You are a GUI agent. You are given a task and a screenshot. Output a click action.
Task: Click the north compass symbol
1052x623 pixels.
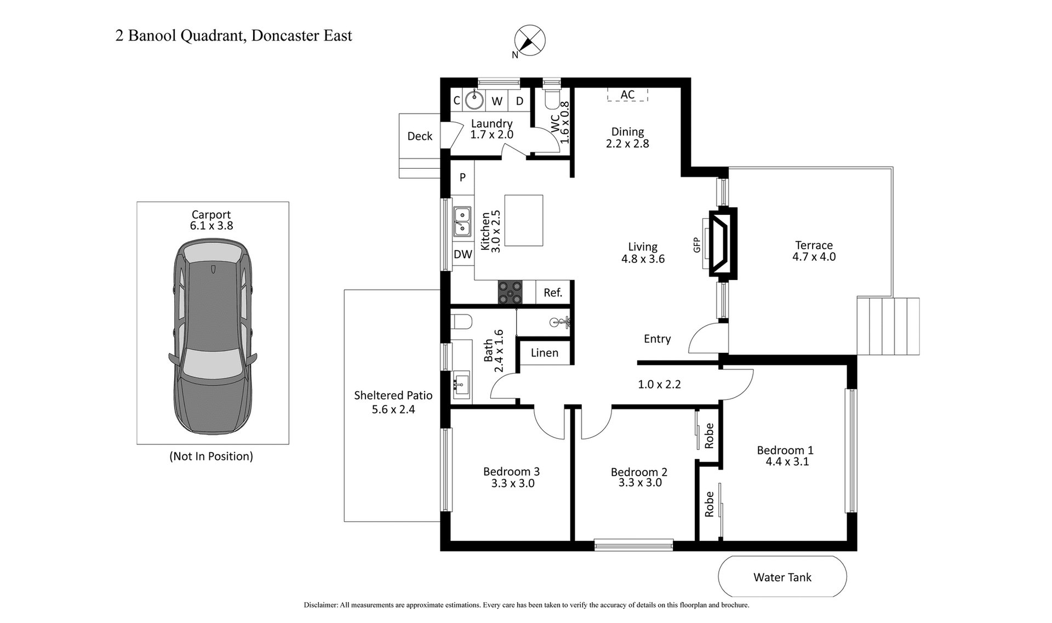[x=530, y=41]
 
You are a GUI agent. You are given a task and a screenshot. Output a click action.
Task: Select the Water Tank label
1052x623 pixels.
[x=782, y=577]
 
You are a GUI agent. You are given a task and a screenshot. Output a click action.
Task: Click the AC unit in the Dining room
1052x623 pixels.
[x=627, y=95]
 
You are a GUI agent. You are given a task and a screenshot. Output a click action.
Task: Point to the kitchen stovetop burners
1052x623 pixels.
[x=510, y=292]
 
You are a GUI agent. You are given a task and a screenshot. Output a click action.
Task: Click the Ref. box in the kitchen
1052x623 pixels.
[x=553, y=293]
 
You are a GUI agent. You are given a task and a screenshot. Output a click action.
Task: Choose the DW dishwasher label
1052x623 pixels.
[x=463, y=254]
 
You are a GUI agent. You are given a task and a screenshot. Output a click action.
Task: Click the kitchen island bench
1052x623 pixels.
[x=524, y=220]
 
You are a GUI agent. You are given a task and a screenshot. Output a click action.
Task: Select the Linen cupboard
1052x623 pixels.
[x=545, y=353]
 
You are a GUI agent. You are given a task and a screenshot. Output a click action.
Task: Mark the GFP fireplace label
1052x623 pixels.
[x=697, y=244]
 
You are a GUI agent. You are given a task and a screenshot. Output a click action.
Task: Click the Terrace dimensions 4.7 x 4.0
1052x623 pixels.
[x=814, y=257]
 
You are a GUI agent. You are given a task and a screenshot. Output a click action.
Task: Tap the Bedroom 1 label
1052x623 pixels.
[x=785, y=450]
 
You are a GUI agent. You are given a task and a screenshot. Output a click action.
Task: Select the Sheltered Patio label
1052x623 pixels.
[x=393, y=395]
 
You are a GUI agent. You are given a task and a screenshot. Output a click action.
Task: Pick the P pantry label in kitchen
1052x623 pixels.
[x=463, y=177]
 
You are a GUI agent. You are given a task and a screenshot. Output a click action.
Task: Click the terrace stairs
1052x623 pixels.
[x=888, y=327]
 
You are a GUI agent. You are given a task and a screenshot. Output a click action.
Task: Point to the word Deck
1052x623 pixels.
[x=420, y=136]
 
